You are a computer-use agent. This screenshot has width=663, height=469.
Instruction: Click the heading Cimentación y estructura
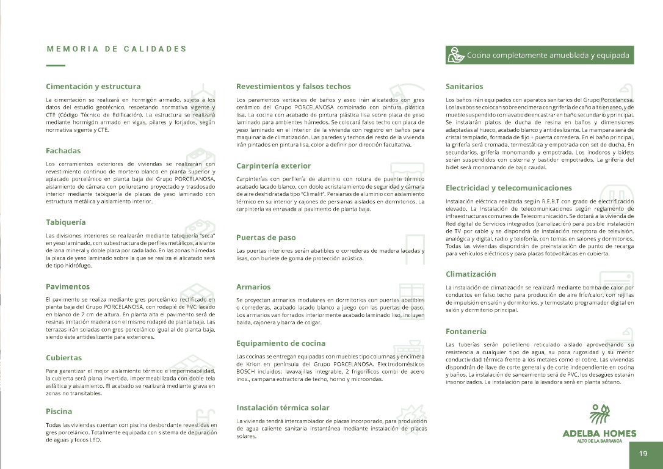coord(93,87)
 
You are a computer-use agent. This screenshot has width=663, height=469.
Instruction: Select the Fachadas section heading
coord(63,151)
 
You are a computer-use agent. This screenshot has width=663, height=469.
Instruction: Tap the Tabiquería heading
coord(65,222)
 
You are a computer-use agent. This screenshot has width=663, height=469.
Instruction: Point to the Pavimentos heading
coord(68,286)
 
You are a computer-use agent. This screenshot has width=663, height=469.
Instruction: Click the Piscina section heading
coord(59,412)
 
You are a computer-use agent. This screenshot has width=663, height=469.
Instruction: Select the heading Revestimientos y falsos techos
coord(294,87)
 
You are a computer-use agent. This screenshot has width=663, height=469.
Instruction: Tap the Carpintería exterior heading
coord(274,166)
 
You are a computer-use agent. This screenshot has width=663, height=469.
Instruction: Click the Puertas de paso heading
coord(266,238)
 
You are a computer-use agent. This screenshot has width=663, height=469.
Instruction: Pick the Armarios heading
coord(253,286)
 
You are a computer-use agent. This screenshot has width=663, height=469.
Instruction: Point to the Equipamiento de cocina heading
coord(281,344)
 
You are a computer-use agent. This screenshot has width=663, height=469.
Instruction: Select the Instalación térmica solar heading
coord(283,407)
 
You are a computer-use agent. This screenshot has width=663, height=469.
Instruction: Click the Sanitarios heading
coord(465,87)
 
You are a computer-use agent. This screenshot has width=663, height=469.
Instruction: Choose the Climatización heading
coord(471,274)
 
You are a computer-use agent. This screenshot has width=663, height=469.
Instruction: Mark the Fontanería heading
coord(466,332)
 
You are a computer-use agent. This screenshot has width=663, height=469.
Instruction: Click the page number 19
coord(643,454)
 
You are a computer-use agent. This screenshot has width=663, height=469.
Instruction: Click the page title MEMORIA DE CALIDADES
coord(117,49)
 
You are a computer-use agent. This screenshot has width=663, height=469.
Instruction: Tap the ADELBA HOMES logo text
coord(599,434)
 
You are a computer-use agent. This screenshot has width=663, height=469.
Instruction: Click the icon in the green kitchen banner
coord(455,55)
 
